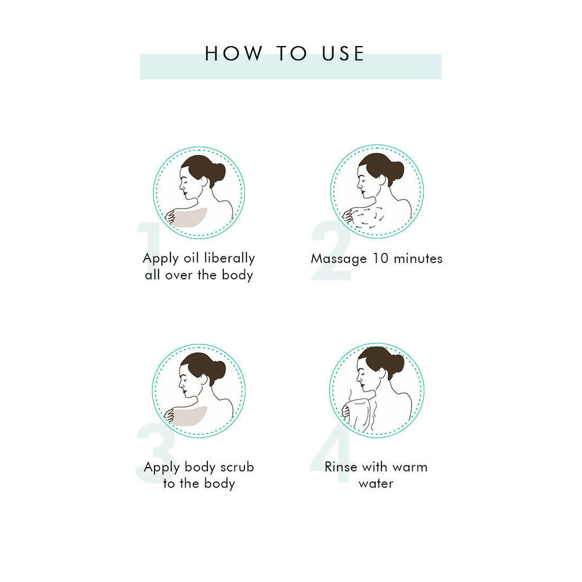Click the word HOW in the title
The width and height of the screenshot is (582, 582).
(x=233, y=53)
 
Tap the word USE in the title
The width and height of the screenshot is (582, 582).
(x=343, y=53)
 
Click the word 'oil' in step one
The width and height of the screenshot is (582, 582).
(x=192, y=258)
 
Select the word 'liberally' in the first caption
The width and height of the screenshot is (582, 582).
(x=230, y=259)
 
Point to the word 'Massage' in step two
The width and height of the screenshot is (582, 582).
(x=339, y=259)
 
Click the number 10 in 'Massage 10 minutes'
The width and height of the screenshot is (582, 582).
(x=380, y=259)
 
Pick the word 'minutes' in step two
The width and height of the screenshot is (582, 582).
(x=418, y=259)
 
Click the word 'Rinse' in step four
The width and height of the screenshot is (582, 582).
(x=341, y=467)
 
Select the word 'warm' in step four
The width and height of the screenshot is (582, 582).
(x=410, y=468)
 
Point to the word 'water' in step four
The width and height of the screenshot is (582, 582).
(x=376, y=484)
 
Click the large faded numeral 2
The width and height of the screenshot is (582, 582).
(x=331, y=251)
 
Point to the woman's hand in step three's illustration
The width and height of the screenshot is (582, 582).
(x=170, y=415)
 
